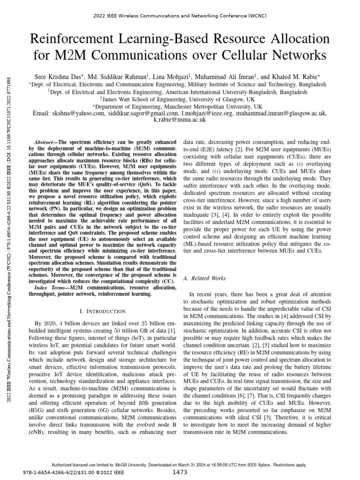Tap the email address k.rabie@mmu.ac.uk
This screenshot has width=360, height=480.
[x=180, y=120]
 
